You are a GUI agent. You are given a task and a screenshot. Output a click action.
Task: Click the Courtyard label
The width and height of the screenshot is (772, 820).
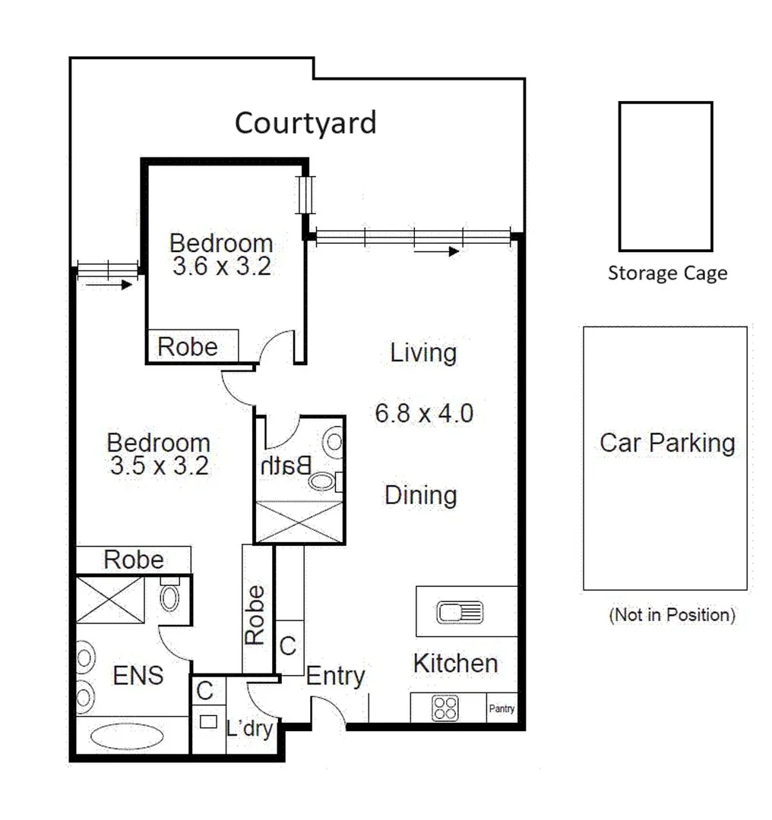[305, 122]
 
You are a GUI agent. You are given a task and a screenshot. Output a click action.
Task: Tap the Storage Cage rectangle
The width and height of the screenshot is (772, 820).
[665, 177]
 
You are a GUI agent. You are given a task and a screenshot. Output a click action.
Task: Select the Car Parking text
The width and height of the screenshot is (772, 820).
[667, 443]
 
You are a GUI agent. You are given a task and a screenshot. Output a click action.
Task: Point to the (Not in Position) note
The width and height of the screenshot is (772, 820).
[672, 615]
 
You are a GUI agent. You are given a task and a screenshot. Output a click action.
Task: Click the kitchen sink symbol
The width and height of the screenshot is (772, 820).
[459, 611]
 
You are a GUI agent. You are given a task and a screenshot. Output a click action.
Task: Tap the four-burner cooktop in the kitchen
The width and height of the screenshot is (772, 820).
[445, 709]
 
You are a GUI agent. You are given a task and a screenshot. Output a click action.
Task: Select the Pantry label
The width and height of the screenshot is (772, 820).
[501, 709]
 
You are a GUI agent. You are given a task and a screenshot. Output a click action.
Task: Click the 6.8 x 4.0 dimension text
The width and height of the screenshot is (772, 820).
[424, 413]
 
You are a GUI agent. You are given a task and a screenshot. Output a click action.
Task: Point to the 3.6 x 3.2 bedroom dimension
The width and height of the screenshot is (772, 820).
[221, 267]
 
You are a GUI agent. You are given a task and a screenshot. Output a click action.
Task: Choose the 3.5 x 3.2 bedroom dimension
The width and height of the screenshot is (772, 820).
[159, 465]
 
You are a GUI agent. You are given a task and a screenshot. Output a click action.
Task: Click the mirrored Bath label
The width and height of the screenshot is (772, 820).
[286, 465]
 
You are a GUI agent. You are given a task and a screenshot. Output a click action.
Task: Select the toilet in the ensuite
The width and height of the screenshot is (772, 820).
[169, 597]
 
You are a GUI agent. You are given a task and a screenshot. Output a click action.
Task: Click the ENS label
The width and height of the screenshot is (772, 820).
[138, 675]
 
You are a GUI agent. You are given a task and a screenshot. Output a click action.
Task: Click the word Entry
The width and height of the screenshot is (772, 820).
[335, 675]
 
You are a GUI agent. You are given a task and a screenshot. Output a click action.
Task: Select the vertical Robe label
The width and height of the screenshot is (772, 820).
[256, 615]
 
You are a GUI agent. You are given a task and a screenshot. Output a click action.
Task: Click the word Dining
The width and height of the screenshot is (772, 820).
[420, 495]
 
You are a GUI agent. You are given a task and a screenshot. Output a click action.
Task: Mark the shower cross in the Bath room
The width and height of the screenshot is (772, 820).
[299, 522]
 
